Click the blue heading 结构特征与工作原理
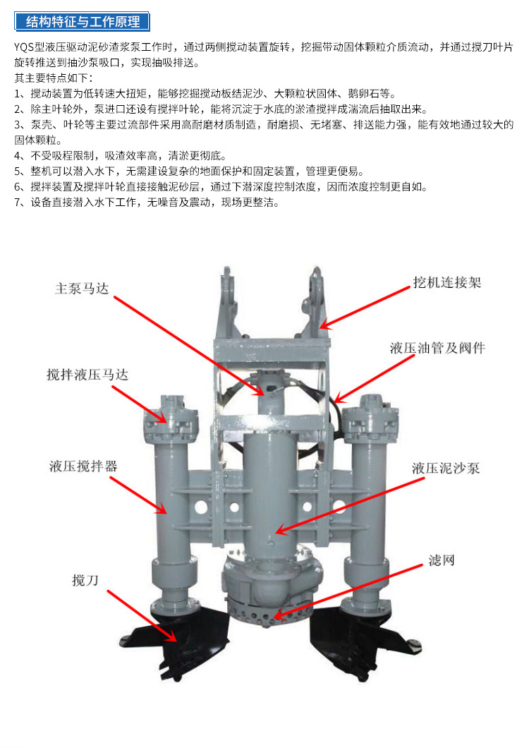(x=82, y=22)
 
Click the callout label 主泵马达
(x=82, y=289)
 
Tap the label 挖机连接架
(x=447, y=282)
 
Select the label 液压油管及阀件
(x=437, y=348)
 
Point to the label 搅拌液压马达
(x=87, y=375)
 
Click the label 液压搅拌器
(x=83, y=466)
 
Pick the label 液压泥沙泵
(x=446, y=467)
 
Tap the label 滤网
(x=442, y=560)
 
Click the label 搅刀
(x=85, y=579)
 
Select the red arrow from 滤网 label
(x=348, y=592)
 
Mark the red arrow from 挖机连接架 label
(x=365, y=308)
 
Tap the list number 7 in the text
(x=18, y=203)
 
